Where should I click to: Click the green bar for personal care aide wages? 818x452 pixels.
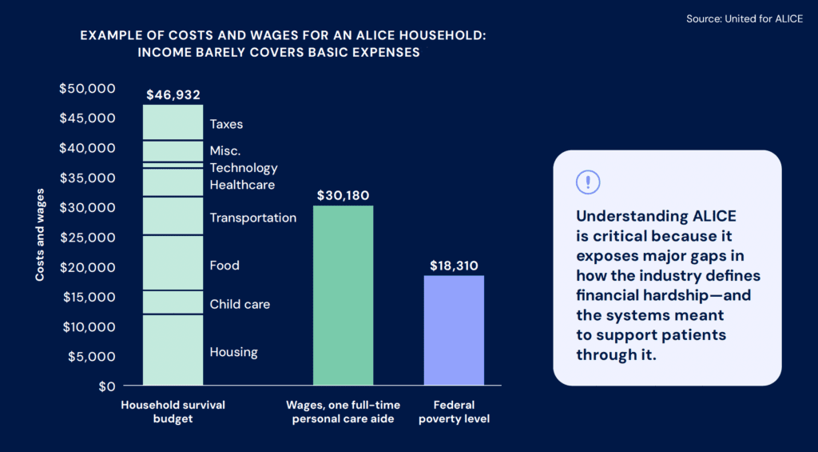click(343, 296)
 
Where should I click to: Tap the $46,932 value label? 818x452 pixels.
click(173, 95)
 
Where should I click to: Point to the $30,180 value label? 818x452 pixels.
click(343, 196)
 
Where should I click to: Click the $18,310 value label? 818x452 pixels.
click(454, 266)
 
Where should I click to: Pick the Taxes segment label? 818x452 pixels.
click(226, 125)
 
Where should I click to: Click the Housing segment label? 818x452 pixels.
click(233, 352)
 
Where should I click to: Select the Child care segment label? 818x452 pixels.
click(240, 305)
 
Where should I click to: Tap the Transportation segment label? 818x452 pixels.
click(252, 218)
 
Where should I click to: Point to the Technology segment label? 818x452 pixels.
click(244, 168)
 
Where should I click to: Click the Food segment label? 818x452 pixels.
click(224, 266)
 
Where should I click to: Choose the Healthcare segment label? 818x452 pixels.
click(242, 186)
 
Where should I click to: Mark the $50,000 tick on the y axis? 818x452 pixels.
click(87, 88)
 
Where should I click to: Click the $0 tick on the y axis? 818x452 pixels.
click(106, 386)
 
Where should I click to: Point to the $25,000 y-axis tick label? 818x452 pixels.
click(87, 238)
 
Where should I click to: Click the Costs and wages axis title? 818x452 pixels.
click(39, 235)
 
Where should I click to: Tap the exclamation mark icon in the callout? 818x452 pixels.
click(587, 182)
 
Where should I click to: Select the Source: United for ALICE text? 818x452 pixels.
click(745, 18)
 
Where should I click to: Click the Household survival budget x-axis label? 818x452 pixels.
click(173, 412)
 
